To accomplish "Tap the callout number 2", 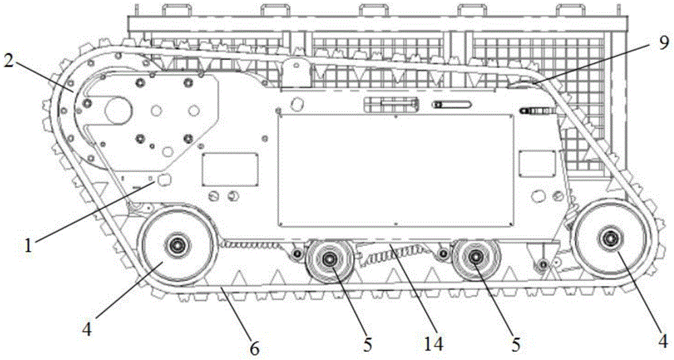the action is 9,61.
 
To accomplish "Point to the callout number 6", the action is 255,349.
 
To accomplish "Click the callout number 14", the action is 433,344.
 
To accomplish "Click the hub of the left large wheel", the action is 176,245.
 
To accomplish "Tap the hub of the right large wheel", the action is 610,238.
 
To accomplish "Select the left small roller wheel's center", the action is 330,258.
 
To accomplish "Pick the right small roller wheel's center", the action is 475,258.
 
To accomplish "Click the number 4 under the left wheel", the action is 87,331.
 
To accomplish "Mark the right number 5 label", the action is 516,344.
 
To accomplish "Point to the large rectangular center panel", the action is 396,171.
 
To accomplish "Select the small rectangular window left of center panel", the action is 230,169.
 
